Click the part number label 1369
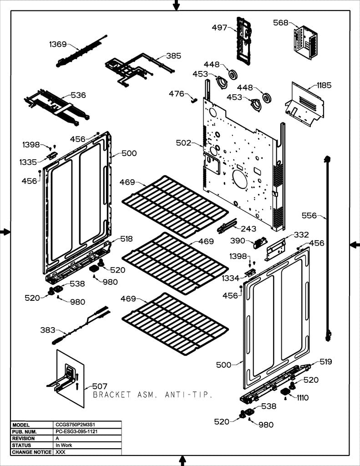pyautogui.click(x=58, y=44)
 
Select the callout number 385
pyautogui.click(x=173, y=56)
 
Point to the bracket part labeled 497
pyautogui.click(x=243, y=39)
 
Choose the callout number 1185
pyautogui.click(x=324, y=85)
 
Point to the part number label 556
pyautogui.click(x=309, y=216)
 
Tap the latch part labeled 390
pyautogui.click(x=260, y=243)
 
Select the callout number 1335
pyautogui.click(x=28, y=162)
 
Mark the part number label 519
pyautogui.click(x=325, y=362)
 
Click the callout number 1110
pyautogui.click(x=303, y=398)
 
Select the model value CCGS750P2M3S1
pyautogui.click(x=75, y=425)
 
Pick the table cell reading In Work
pyautogui.click(x=64, y=445)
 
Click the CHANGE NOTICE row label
pyautogui.click(x=32, y=452)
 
